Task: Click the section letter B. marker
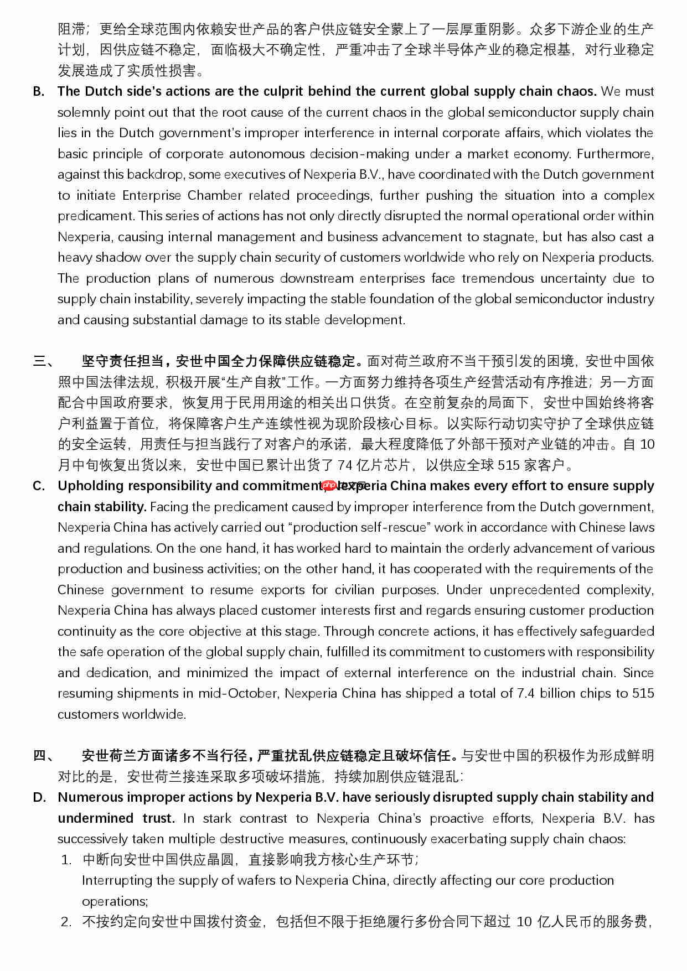[x=39, y=91]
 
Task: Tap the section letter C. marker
[x=39, y=486]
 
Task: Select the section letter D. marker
[x=39, y=797]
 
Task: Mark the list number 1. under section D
[x=66, y=860]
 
